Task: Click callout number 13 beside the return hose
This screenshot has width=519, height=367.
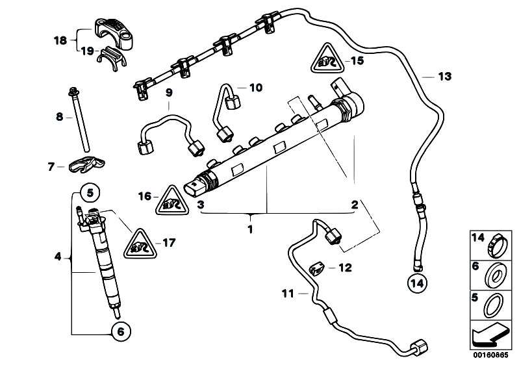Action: pyautogui.click(x=444, y=77)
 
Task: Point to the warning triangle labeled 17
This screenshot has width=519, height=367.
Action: pyautogui.click(x=139, y=244)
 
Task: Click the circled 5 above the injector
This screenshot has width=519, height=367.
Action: pyautogui.click(x=90, y=192)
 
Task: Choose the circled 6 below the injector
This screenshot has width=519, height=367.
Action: pyautogui.click(x=120, y=331)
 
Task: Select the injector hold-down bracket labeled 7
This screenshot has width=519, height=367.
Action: pyautogui.click(x=88, y=167)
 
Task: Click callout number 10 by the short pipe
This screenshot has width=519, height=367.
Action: pyautogui.click(x=256, y=87)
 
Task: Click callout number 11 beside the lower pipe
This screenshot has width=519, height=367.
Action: pyautogui.click(x=288, y=294)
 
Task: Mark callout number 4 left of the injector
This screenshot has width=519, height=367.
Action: pyautogui.click(x=57, y=257)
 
